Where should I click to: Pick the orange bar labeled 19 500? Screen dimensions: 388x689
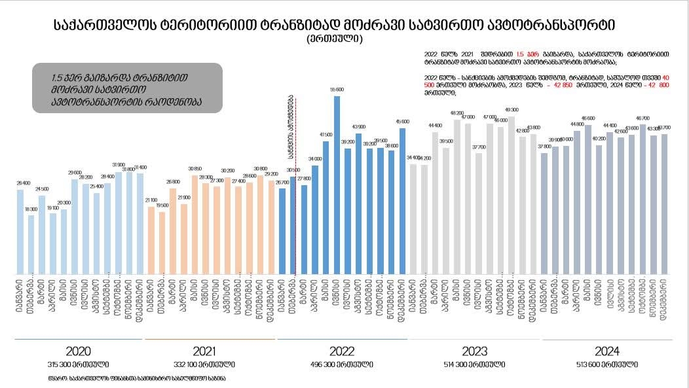tap(162, 243)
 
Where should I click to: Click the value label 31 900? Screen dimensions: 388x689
tap(118, 165)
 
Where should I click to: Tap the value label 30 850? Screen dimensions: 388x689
tap(195, 169)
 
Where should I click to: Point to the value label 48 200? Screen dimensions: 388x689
tap(457, 113)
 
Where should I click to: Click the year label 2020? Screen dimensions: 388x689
tap(78, 351)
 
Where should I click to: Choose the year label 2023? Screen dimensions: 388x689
tap(474, 351)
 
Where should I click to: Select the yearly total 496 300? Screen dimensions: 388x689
tap(343, 364)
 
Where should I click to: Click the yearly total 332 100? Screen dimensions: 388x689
tap(209, 364)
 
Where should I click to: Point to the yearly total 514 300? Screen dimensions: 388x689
tap(474, 364)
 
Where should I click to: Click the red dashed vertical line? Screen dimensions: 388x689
tap(296, 196)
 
